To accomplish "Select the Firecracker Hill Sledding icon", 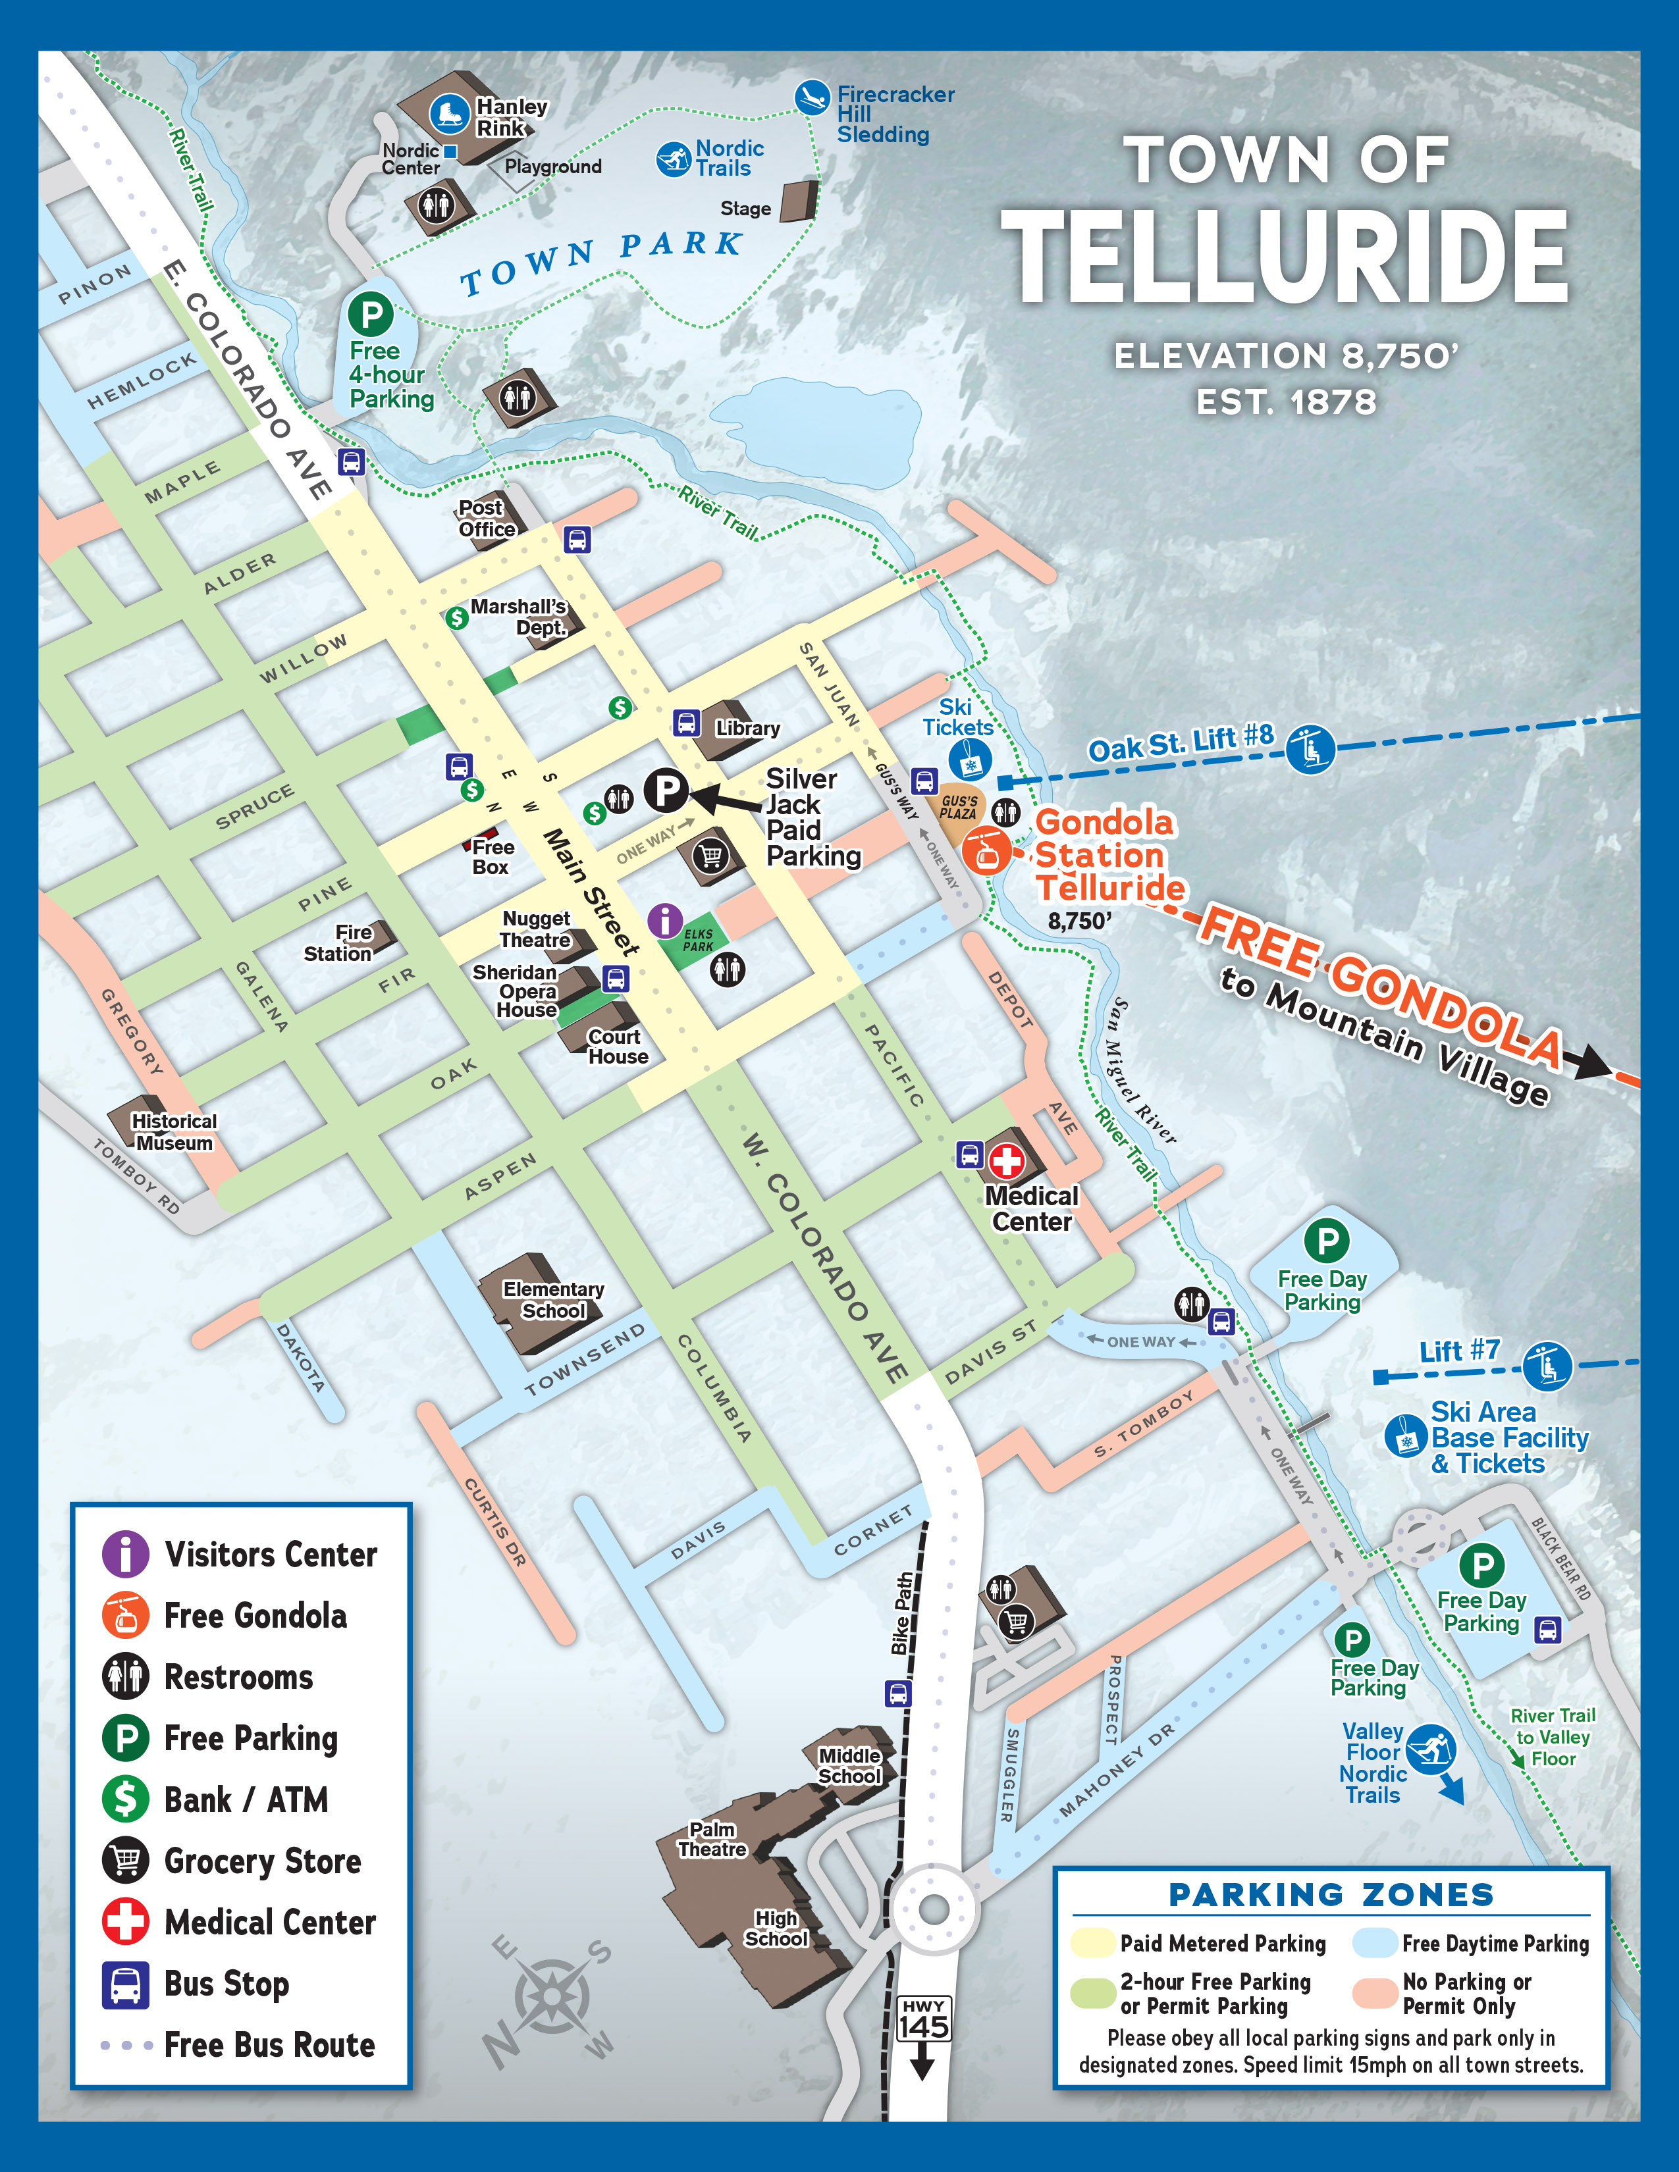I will click(x=813, y=97).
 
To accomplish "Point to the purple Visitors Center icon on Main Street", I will click(x=664, y=920).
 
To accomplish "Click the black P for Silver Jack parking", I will click(x=666, y=790).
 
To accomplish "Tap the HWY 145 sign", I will click(x=923, y=2019).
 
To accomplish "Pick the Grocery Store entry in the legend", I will click(x=239, y=1860).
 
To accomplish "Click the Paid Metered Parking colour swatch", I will click(x=1091, y=1942).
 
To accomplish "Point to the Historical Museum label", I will click(x=174, y=1132).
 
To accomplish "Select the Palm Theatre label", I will click(x=712, y=1839).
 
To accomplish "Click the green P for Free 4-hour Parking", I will click(x=371, y=315).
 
